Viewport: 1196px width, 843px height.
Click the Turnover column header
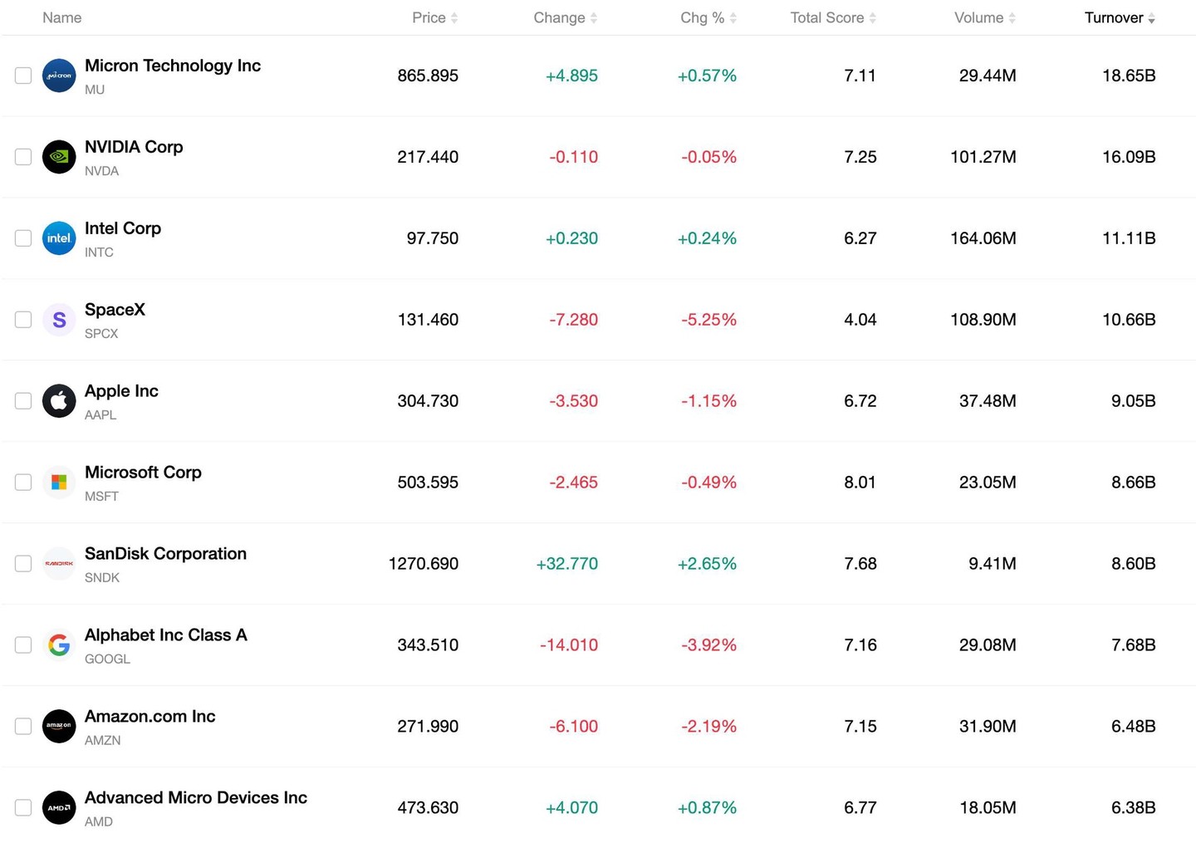(1113, 17)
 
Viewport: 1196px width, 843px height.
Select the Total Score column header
(826, 17)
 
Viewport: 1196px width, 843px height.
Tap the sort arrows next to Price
(454, 18)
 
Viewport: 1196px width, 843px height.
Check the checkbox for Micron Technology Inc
(23, 76)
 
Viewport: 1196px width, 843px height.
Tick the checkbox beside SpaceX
(23, 319)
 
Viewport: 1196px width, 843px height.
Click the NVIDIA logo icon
(59, 156)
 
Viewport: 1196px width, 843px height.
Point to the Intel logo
(59, 238)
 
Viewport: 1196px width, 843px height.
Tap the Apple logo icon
(59, 400)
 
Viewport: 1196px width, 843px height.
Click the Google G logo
(59, 645)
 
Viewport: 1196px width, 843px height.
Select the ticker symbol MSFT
(101, 496)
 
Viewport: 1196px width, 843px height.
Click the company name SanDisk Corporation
(165, 553)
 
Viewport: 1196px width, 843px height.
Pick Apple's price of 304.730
(428, 400)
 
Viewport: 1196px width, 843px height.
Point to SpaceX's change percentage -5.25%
(708, 319)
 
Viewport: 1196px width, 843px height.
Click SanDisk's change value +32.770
(567, 563)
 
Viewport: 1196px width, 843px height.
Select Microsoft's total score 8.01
(860, 482)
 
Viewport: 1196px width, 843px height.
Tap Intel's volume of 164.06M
(983, 238)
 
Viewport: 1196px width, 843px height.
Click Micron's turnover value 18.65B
(1129, 76)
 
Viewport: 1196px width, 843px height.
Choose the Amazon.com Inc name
(150, 716)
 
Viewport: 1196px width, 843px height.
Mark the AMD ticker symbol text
(99, 821)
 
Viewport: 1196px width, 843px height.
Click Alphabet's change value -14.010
(569, 645)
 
